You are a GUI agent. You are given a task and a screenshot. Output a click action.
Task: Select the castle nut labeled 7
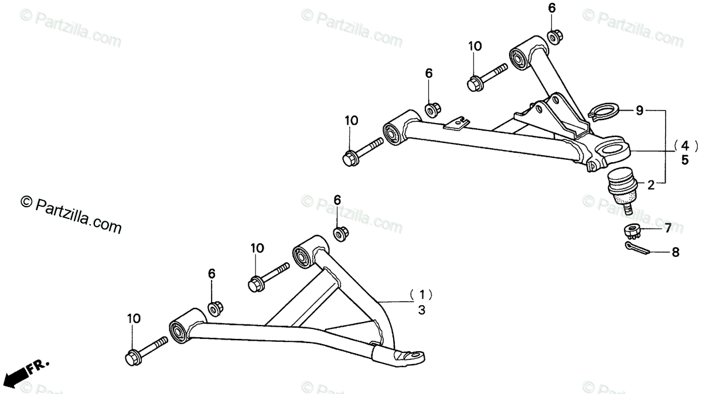coord(631,229)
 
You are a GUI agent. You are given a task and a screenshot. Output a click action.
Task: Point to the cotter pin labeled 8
coord(633,249)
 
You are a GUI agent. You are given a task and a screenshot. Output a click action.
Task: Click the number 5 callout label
coord(684,159)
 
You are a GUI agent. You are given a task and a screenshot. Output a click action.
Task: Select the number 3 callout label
coord(421,310)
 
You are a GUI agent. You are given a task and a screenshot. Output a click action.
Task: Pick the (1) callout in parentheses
coord(421,294)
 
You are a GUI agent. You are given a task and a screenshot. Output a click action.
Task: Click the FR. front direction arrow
coord(26,369)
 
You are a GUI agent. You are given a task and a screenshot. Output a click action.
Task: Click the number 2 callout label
coord(650,185)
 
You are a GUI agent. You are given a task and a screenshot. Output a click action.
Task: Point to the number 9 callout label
coord(639,109)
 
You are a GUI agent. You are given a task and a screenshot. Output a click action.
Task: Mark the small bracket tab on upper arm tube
coord(456,122)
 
